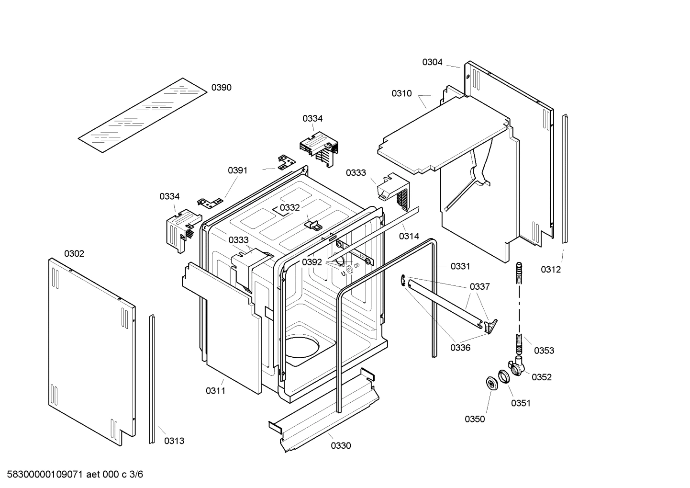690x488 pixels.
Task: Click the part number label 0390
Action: (221, 87)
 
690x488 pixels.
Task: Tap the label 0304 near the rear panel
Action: (432, 62)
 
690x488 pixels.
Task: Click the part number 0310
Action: (401, 93)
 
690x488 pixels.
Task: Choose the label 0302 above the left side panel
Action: (74, 253)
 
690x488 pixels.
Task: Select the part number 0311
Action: (215, 391)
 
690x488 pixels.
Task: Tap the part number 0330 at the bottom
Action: (341, 445)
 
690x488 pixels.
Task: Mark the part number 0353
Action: (544, 351)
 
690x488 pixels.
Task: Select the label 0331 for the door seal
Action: (460, 266)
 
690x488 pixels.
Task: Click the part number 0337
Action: (479, 286)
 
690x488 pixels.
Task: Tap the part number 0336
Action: (460, 348)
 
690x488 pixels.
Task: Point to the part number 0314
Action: (409, 236)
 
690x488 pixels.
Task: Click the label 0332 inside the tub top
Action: (289, 207)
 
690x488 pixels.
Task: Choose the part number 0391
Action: (237, 170)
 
